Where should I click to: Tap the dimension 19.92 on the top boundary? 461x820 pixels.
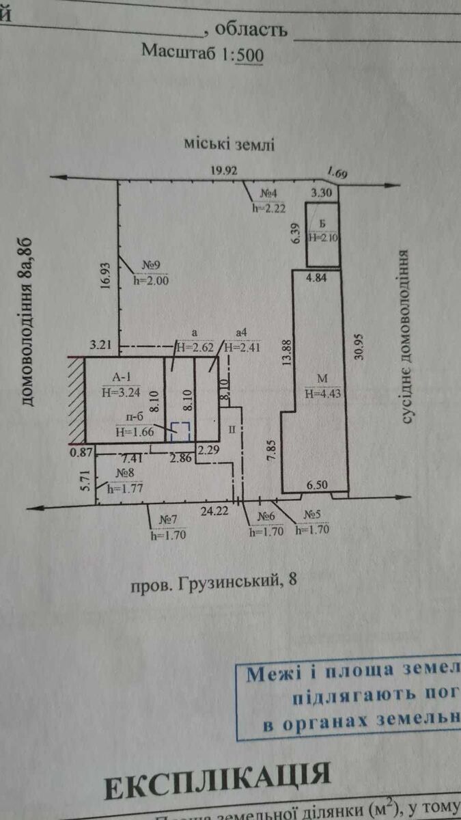224,172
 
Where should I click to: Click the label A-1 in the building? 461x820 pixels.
115,378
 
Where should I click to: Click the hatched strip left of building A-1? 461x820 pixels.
75,400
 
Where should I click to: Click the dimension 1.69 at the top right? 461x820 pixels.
337,173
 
